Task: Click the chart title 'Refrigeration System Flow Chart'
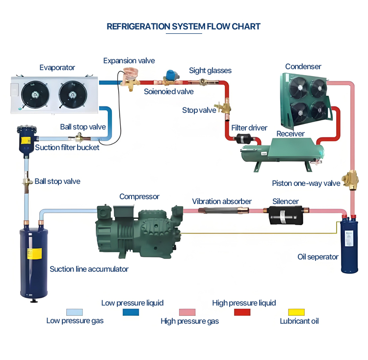pos(184,26)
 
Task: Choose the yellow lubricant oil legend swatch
pos(296,312)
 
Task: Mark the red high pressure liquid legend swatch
pos(242,312)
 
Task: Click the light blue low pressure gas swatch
pos(75,312)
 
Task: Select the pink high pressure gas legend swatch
pos(187,312)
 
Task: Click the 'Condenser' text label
pos(303,66)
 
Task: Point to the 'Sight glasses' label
pos(210,71)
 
